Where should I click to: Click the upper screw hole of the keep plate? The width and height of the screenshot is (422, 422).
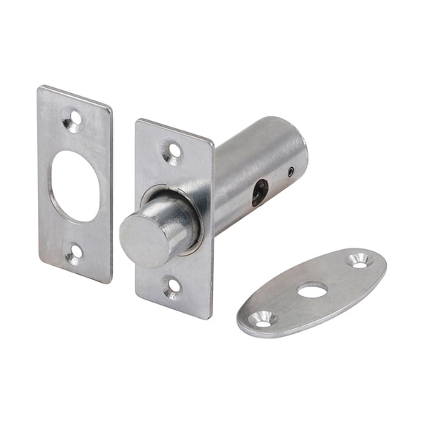(73, 119)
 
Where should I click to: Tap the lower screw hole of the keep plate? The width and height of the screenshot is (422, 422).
(74, 253)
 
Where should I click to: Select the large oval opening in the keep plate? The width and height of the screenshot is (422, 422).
(75, 186)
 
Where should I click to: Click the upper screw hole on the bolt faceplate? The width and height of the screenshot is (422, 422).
(172, 152)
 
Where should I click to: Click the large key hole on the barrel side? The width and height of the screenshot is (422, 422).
(260, 193)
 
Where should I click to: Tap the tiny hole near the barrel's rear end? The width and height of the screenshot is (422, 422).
(291, 173)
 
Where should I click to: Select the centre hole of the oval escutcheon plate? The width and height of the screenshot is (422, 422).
(312, 290)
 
